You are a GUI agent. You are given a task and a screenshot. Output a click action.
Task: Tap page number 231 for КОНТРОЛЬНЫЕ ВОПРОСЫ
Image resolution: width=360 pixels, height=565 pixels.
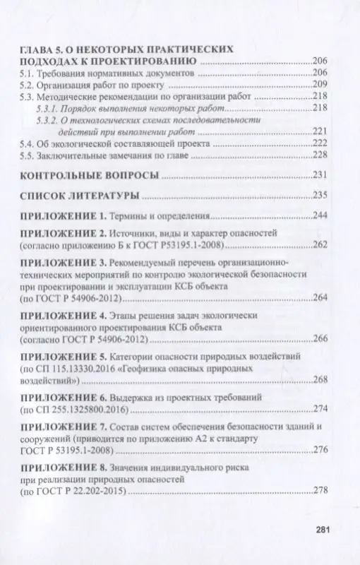[x=321, y=175]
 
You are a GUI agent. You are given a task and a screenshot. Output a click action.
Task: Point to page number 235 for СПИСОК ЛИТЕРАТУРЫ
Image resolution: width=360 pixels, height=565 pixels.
[x=321, y=195]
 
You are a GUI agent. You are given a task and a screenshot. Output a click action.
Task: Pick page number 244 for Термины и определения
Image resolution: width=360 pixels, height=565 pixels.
[x=321, y=215]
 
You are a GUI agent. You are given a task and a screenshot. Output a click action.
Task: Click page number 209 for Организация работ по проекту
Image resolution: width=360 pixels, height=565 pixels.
[x=321, y=84]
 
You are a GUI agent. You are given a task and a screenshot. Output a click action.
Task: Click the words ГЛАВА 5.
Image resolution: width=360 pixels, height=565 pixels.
[x=41, y=50]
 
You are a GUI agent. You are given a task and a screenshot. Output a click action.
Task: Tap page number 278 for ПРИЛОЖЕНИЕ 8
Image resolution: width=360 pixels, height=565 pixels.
[x=321, y=491]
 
